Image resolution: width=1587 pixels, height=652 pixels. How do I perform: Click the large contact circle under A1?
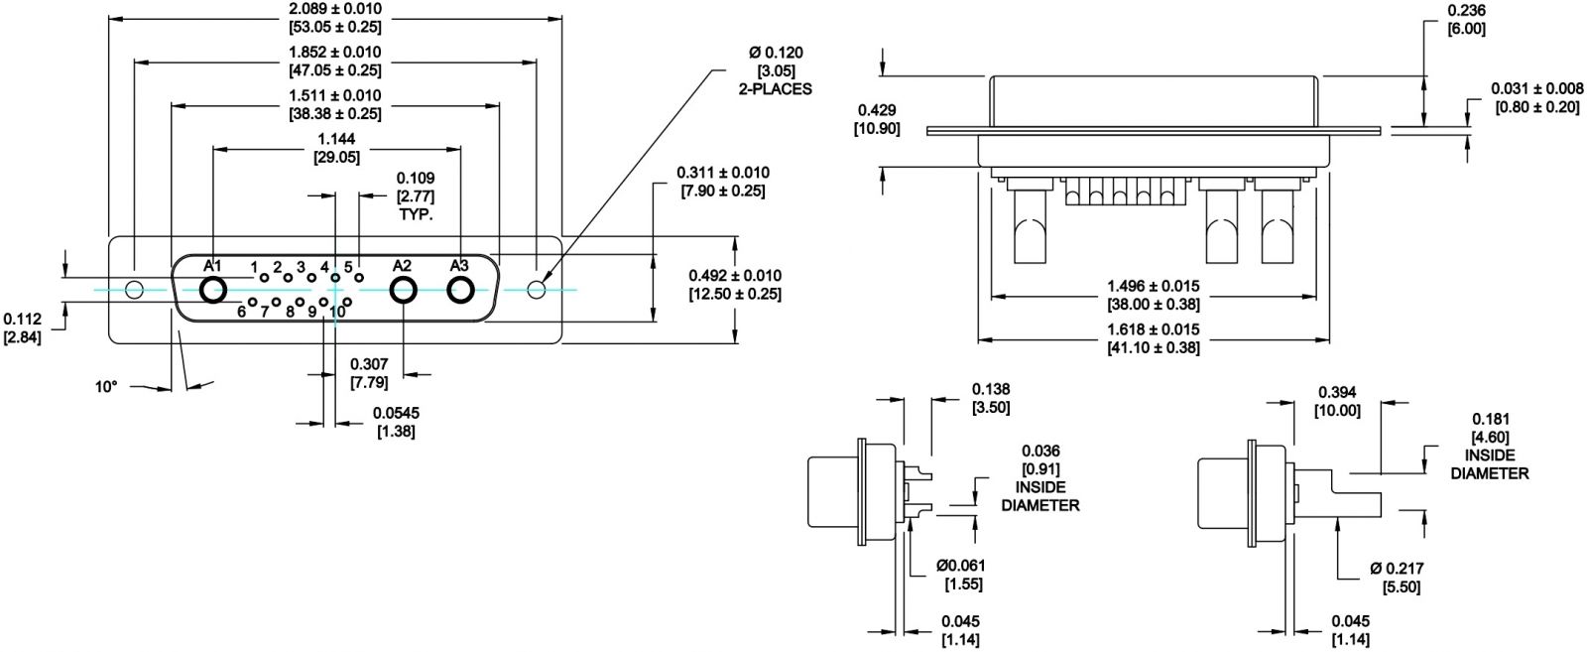click(x=212, y=291)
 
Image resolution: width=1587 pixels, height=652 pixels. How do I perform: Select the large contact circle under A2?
click(x=403, y=291)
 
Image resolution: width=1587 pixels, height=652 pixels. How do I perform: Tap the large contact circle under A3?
click(x=460, y=291)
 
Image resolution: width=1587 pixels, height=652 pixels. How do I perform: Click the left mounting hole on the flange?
click(x=134, y=290)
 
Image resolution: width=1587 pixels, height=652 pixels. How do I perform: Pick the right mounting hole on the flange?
click(x=537, y=290)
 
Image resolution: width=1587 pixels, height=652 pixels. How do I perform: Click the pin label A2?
click(x=402, y=266)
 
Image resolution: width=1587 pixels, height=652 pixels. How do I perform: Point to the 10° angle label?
click(x=106, y=387)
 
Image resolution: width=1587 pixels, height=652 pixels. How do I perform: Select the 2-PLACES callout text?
click(x=775, y=89)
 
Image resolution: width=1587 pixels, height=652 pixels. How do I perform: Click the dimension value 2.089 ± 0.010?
click(x=335, y=9)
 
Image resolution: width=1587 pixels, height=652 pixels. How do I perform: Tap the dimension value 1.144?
click(x=336, y=139)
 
